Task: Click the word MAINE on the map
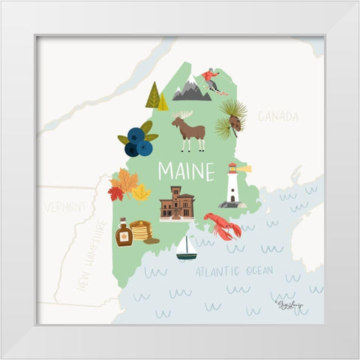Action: pos(185,172)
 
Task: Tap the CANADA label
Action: pos(277,116)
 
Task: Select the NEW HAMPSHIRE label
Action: pos(89,255)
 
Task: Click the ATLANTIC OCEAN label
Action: pos(234,271)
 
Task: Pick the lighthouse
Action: pos(233,185)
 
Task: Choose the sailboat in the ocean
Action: pos(186,248)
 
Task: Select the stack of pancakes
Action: pos(140,230)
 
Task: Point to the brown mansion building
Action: pos(177,203)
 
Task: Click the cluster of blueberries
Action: pos(138,141)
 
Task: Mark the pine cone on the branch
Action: pos(234,122)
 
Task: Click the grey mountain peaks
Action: pos(191,91)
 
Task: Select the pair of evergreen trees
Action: pos(157,97)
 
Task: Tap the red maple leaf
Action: pos(115,193)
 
